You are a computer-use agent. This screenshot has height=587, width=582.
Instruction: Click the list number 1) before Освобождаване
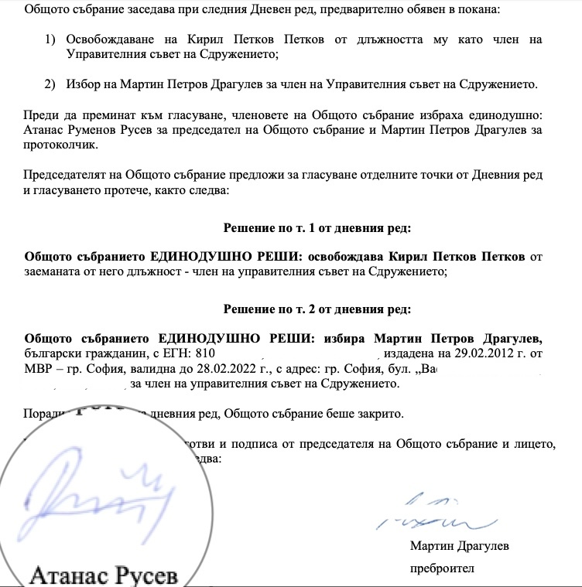[x=50, y=39]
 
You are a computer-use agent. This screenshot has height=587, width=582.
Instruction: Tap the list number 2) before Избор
[x=50, y=84]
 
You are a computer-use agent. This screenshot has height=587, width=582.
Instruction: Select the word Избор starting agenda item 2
[x=84, y=84]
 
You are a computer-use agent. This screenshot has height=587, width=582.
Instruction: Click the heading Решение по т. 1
[x=317, y=228]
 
